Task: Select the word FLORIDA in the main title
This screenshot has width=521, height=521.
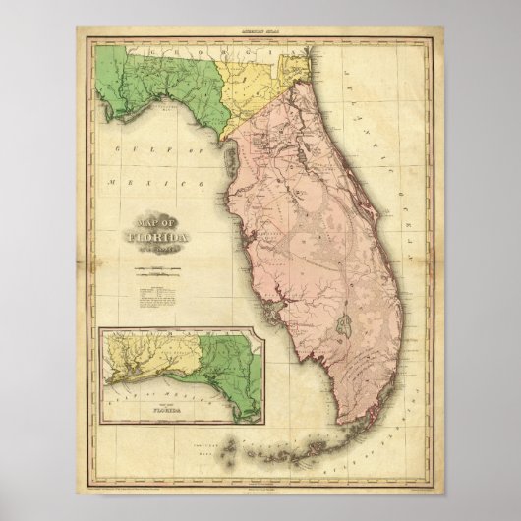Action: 158,236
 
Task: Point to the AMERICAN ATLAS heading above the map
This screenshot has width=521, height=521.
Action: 260,32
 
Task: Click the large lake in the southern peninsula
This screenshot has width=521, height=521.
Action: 341,321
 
